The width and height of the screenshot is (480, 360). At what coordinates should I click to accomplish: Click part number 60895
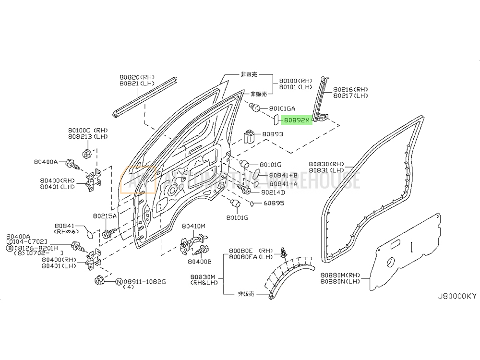coord(274,203)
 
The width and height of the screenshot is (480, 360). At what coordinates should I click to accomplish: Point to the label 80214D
coord(273,192)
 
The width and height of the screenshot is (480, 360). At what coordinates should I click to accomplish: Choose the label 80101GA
coord(282,108)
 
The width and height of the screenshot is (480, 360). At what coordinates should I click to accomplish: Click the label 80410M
coord(193,226)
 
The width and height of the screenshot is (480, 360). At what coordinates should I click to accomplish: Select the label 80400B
coord(199,262)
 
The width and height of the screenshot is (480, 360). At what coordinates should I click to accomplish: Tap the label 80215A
coord(105,216)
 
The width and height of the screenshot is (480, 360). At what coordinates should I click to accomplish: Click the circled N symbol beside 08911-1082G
coord(119,281)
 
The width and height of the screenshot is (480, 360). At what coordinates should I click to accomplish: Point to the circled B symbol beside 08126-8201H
coord(9,248)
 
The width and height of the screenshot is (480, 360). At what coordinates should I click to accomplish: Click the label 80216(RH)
coord(351,89)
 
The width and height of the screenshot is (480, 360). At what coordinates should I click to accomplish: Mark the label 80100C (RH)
coord(88,130)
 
